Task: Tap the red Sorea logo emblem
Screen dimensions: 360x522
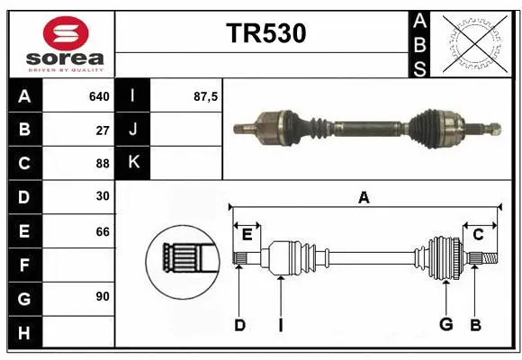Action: [x=65, y=33]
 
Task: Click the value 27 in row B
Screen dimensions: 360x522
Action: [x=103, y=130]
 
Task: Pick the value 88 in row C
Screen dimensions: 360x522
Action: [x=103, y=163]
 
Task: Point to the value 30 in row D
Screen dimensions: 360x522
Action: [x=103, y=196]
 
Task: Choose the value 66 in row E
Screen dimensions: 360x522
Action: [x=103, y=231]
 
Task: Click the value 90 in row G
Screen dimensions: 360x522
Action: [x=103, y=297]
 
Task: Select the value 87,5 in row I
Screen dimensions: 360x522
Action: [x=206, y=96]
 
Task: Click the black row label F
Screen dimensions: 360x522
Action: [x=24, y=265]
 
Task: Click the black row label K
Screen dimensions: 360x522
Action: [x=133, y=163]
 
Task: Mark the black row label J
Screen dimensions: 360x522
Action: [x=133, y=130]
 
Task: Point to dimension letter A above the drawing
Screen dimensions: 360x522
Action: [x=364, y=198]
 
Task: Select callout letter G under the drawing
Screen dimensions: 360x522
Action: [x=445, y=325]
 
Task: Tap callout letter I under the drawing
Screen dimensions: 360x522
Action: [x=280, y=325]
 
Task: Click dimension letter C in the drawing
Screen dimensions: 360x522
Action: [x=478, y=235]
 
